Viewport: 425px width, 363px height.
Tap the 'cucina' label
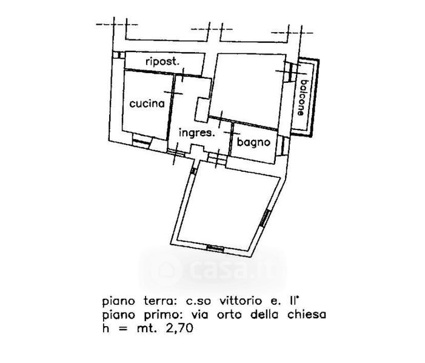click(x=147, y=103)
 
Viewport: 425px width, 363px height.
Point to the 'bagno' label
click(x=253, y=143)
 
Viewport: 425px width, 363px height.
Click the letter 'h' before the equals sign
click(x=106, y=329)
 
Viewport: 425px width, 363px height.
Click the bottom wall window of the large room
click(x=215, y=248)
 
